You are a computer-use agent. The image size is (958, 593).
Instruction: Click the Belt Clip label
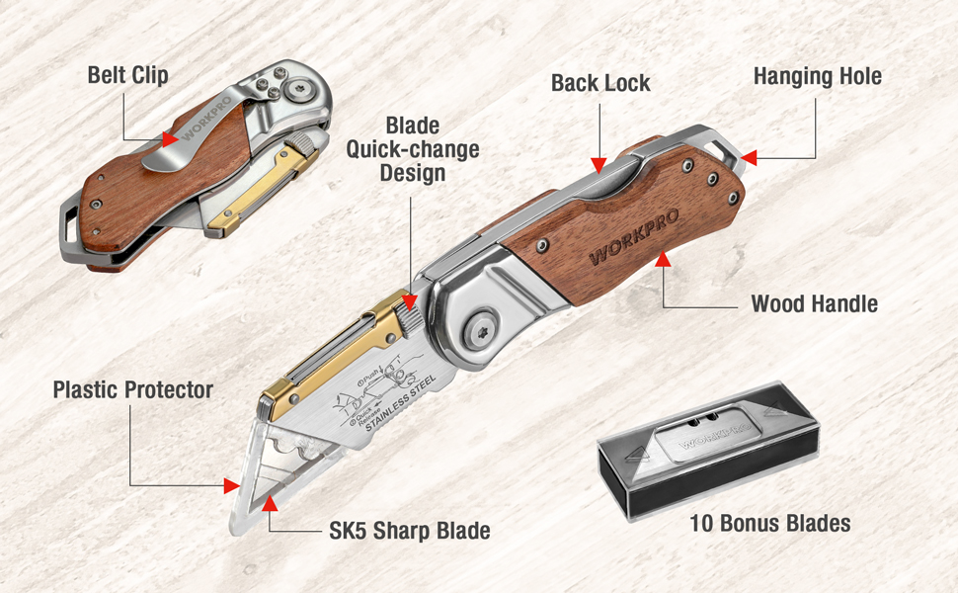click(127, 74)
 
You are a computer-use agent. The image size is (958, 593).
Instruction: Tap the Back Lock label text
click(600, 83)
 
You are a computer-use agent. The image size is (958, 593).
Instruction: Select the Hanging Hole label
click(817, 76)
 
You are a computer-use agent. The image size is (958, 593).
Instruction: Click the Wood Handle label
click(814, 303)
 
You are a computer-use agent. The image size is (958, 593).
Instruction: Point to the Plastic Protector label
click(132, 389)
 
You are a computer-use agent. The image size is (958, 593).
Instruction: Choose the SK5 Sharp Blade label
click(409, 531)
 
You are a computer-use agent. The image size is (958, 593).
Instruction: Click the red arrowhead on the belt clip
click(170, 139)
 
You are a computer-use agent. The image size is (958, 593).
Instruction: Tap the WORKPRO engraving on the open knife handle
click(627, 238)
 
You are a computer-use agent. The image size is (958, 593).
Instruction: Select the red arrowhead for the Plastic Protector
click(232, 485)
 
